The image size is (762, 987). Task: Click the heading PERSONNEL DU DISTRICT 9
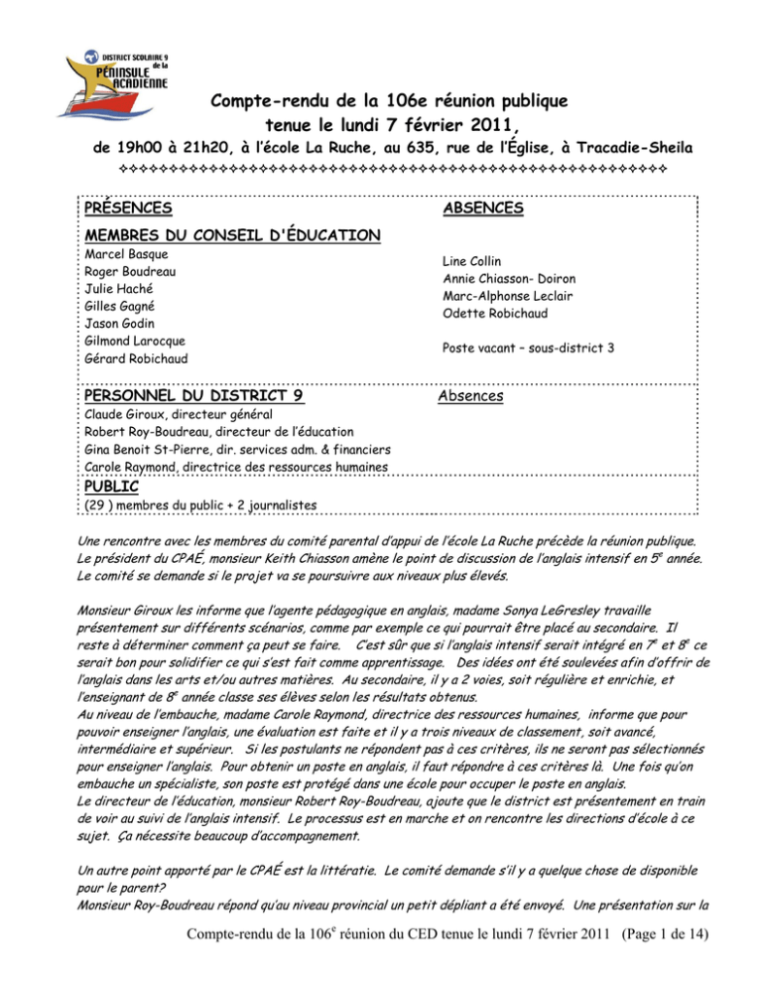(x=194, y=395)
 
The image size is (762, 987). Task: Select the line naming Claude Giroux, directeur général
(x=181, y=414)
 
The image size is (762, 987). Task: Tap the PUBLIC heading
(x=111, y=487)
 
